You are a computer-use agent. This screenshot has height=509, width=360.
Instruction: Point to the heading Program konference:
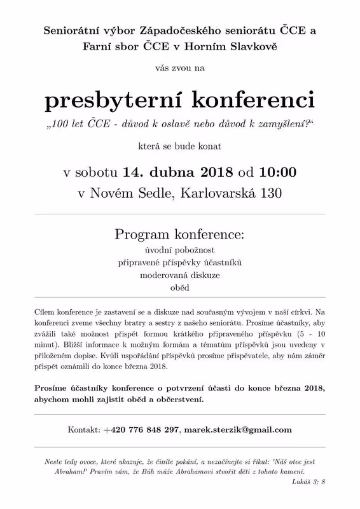[x=180, y=234]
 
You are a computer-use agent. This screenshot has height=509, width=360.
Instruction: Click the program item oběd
[x=180, y=288]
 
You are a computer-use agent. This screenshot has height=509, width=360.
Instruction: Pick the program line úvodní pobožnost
[x=180, y=250]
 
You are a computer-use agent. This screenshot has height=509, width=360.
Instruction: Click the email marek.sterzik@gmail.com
[x=238, y=429]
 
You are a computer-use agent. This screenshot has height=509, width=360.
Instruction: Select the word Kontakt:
[x=84, y=429]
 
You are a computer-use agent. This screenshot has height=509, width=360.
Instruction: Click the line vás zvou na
[x=180, y=65]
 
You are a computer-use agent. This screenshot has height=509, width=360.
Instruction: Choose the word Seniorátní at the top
[x=69, y=30]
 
